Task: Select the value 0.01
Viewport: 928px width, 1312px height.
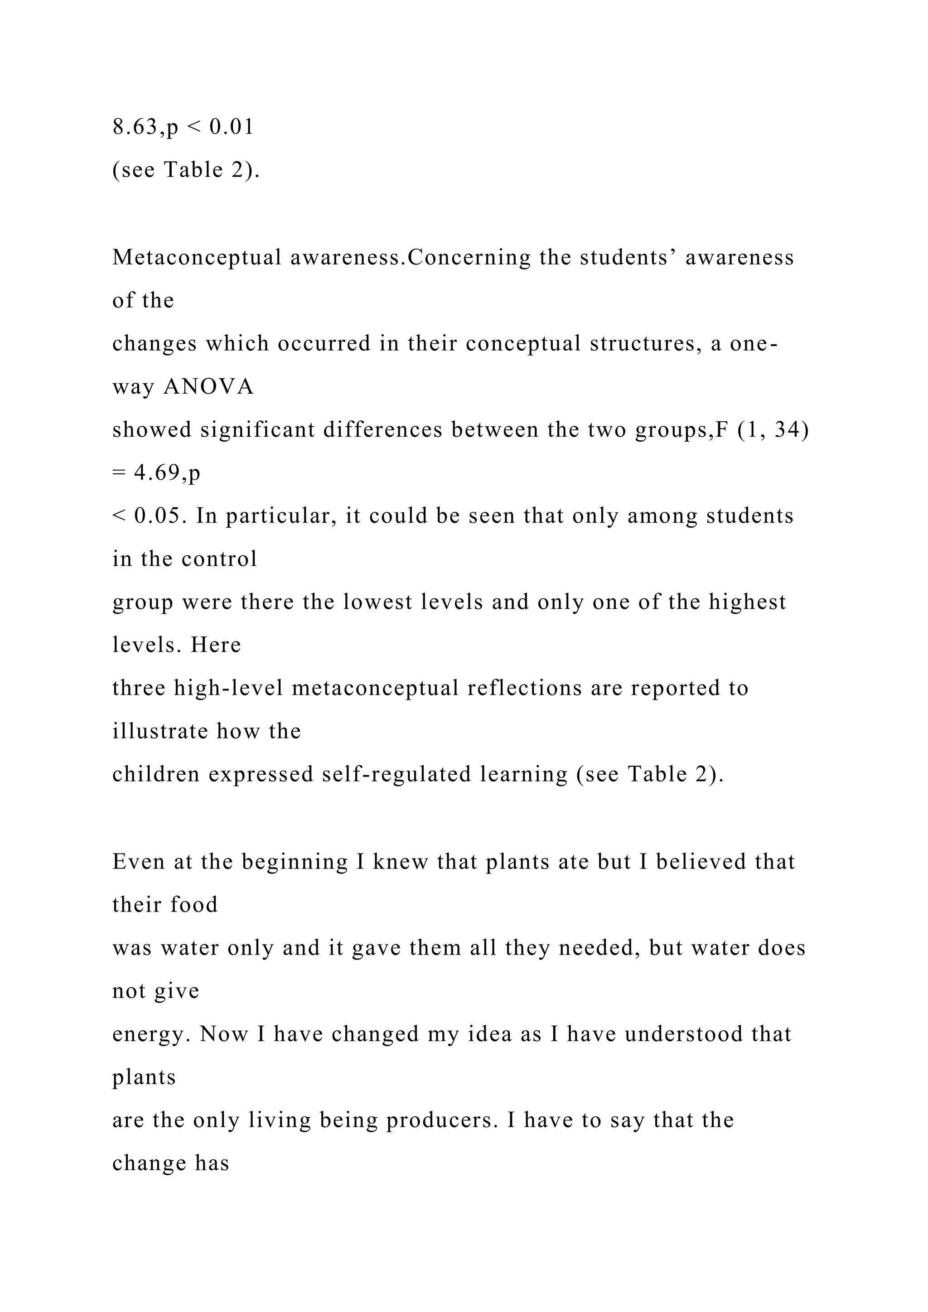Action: (232, 126)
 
